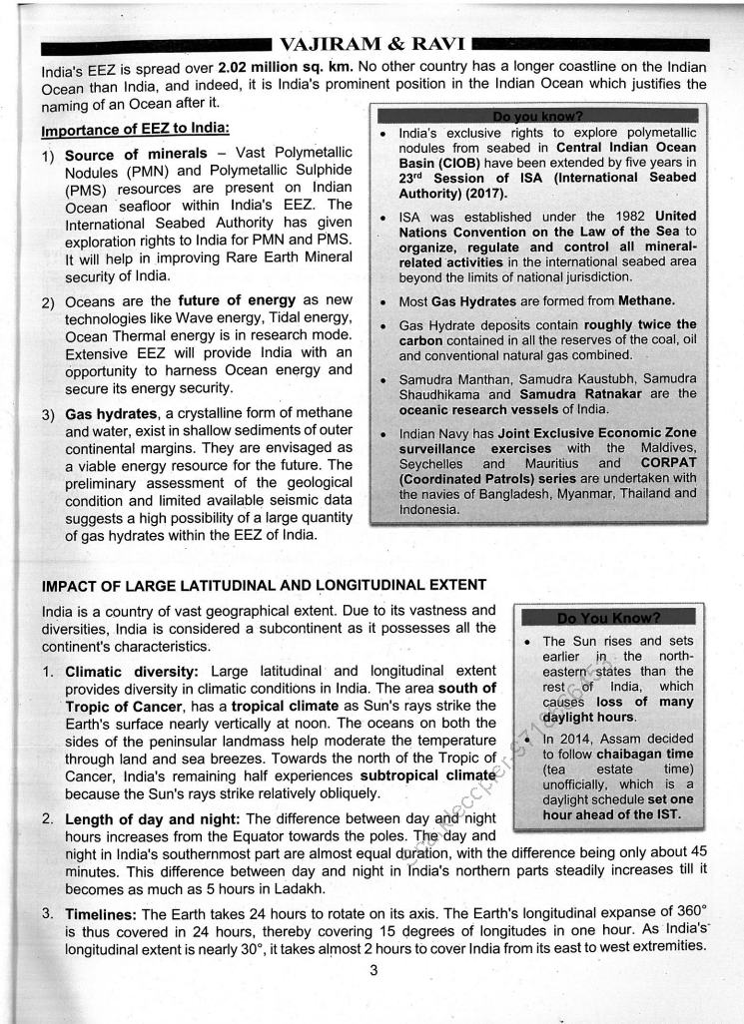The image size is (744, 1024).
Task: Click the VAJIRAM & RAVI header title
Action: tap(372, 45)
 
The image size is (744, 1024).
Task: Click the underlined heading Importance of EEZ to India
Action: tap(135, 130)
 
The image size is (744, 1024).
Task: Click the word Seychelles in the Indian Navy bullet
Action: tap(428, 464)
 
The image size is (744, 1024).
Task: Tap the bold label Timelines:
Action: tap(102, 914)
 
